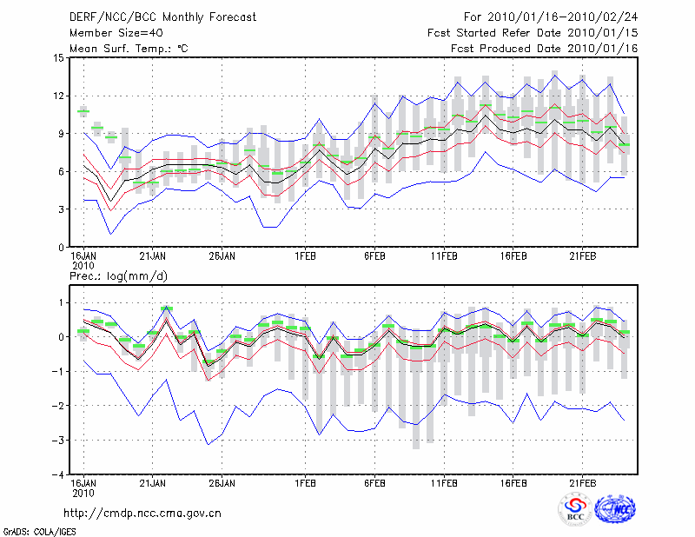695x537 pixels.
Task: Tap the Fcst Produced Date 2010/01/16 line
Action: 545,49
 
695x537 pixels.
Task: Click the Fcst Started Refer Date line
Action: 533,33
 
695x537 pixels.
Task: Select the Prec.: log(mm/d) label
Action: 117,276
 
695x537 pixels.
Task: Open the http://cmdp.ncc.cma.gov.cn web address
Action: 143,514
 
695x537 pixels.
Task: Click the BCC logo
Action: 575,511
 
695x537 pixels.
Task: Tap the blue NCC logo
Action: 615,511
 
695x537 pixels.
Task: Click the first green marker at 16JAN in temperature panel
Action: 83,112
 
